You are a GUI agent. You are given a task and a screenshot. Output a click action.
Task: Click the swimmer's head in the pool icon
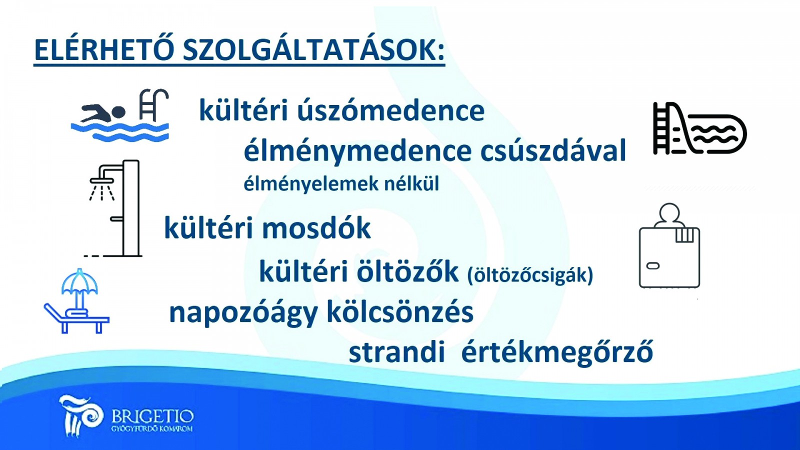118,112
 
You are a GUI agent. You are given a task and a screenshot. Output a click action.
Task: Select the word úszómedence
390,110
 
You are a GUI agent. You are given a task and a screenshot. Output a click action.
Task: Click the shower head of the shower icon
102,180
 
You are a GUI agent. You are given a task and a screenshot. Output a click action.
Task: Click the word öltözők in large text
407,271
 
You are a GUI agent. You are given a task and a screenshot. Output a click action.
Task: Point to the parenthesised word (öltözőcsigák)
530,275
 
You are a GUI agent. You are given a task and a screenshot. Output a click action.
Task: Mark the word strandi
397,352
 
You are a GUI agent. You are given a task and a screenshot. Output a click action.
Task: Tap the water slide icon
700,128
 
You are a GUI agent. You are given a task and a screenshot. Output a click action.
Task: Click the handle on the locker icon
653,266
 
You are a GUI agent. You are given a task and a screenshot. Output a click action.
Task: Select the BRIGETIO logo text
153,416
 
